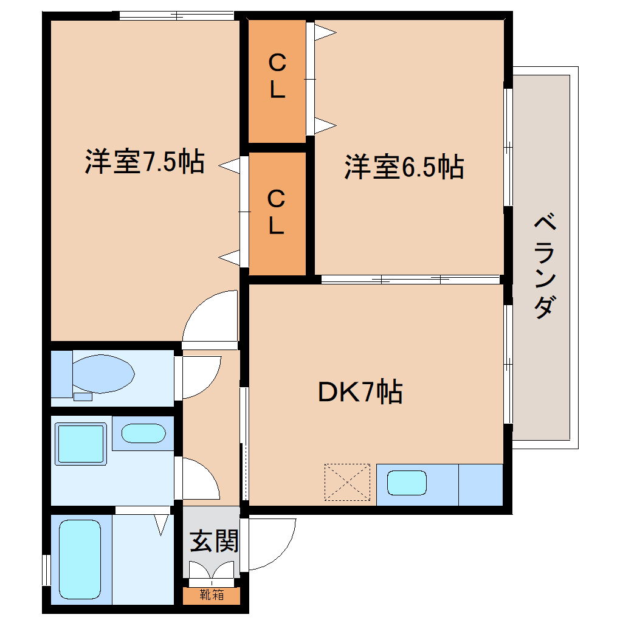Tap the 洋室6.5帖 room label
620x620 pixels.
tap(404, 167)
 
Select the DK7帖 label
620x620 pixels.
tap(360, 392)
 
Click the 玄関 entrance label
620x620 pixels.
tap(213, 540)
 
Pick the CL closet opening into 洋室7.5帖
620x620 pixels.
tap(277, 212)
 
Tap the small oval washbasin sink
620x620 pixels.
tap(143, 433)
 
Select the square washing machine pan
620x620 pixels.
tap(81, 444)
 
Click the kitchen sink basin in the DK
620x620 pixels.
tap(407, 484)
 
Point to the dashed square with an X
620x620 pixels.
tap(347, 482)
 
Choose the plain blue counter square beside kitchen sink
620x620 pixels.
tap(480, 484)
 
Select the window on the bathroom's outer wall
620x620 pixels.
tap(46, 570)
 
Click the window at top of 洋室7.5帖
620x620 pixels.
tap(176, 16)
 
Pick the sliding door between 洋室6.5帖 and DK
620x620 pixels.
tap(410, 280)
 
